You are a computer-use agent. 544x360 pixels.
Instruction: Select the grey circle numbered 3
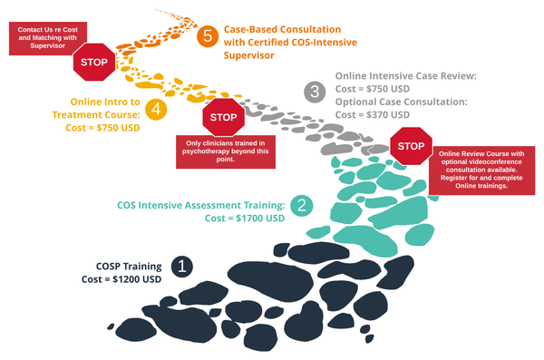click(x=315, y=91)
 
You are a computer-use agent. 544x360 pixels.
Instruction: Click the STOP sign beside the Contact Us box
click(x=92, y=63)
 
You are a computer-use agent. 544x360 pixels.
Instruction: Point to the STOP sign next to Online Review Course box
click(x=411, y=146)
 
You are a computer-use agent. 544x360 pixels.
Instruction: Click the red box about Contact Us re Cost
click(x=45, y=38)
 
